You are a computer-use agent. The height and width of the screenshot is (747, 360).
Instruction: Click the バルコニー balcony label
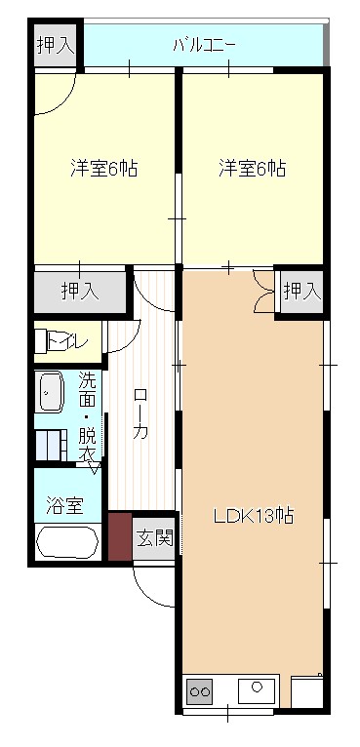(x=205, y=44)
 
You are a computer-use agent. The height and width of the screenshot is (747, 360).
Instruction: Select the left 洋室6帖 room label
(x=102, y=168)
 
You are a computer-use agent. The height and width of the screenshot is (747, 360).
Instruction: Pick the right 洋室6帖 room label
(x=251, y=168)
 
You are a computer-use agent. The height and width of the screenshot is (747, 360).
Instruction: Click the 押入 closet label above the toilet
(x=79, y=290)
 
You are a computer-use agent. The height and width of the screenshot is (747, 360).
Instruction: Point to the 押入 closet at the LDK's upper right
(x=300, y=290)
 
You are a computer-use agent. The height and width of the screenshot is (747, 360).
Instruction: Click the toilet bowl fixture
(x=45, y=342)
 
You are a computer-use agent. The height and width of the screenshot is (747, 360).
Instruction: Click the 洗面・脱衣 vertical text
(x=88, y=416)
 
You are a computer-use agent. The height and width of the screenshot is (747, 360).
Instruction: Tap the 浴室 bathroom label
(x=65, y=505)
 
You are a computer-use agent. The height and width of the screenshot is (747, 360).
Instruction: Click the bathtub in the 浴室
(x=66, y=542)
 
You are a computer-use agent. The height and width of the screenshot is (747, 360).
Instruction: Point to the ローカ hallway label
(x=140, y=414)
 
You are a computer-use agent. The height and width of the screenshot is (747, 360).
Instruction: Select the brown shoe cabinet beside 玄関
(x=119, y=536)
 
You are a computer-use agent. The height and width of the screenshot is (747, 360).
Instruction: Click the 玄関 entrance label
(x=154, y=537)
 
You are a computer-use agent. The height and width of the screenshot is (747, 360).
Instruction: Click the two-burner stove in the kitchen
(x=200, y=691)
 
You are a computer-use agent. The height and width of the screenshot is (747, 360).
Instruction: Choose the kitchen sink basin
(x=257, y=689)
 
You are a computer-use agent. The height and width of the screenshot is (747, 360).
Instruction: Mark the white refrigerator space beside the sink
(x=307, y=691)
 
